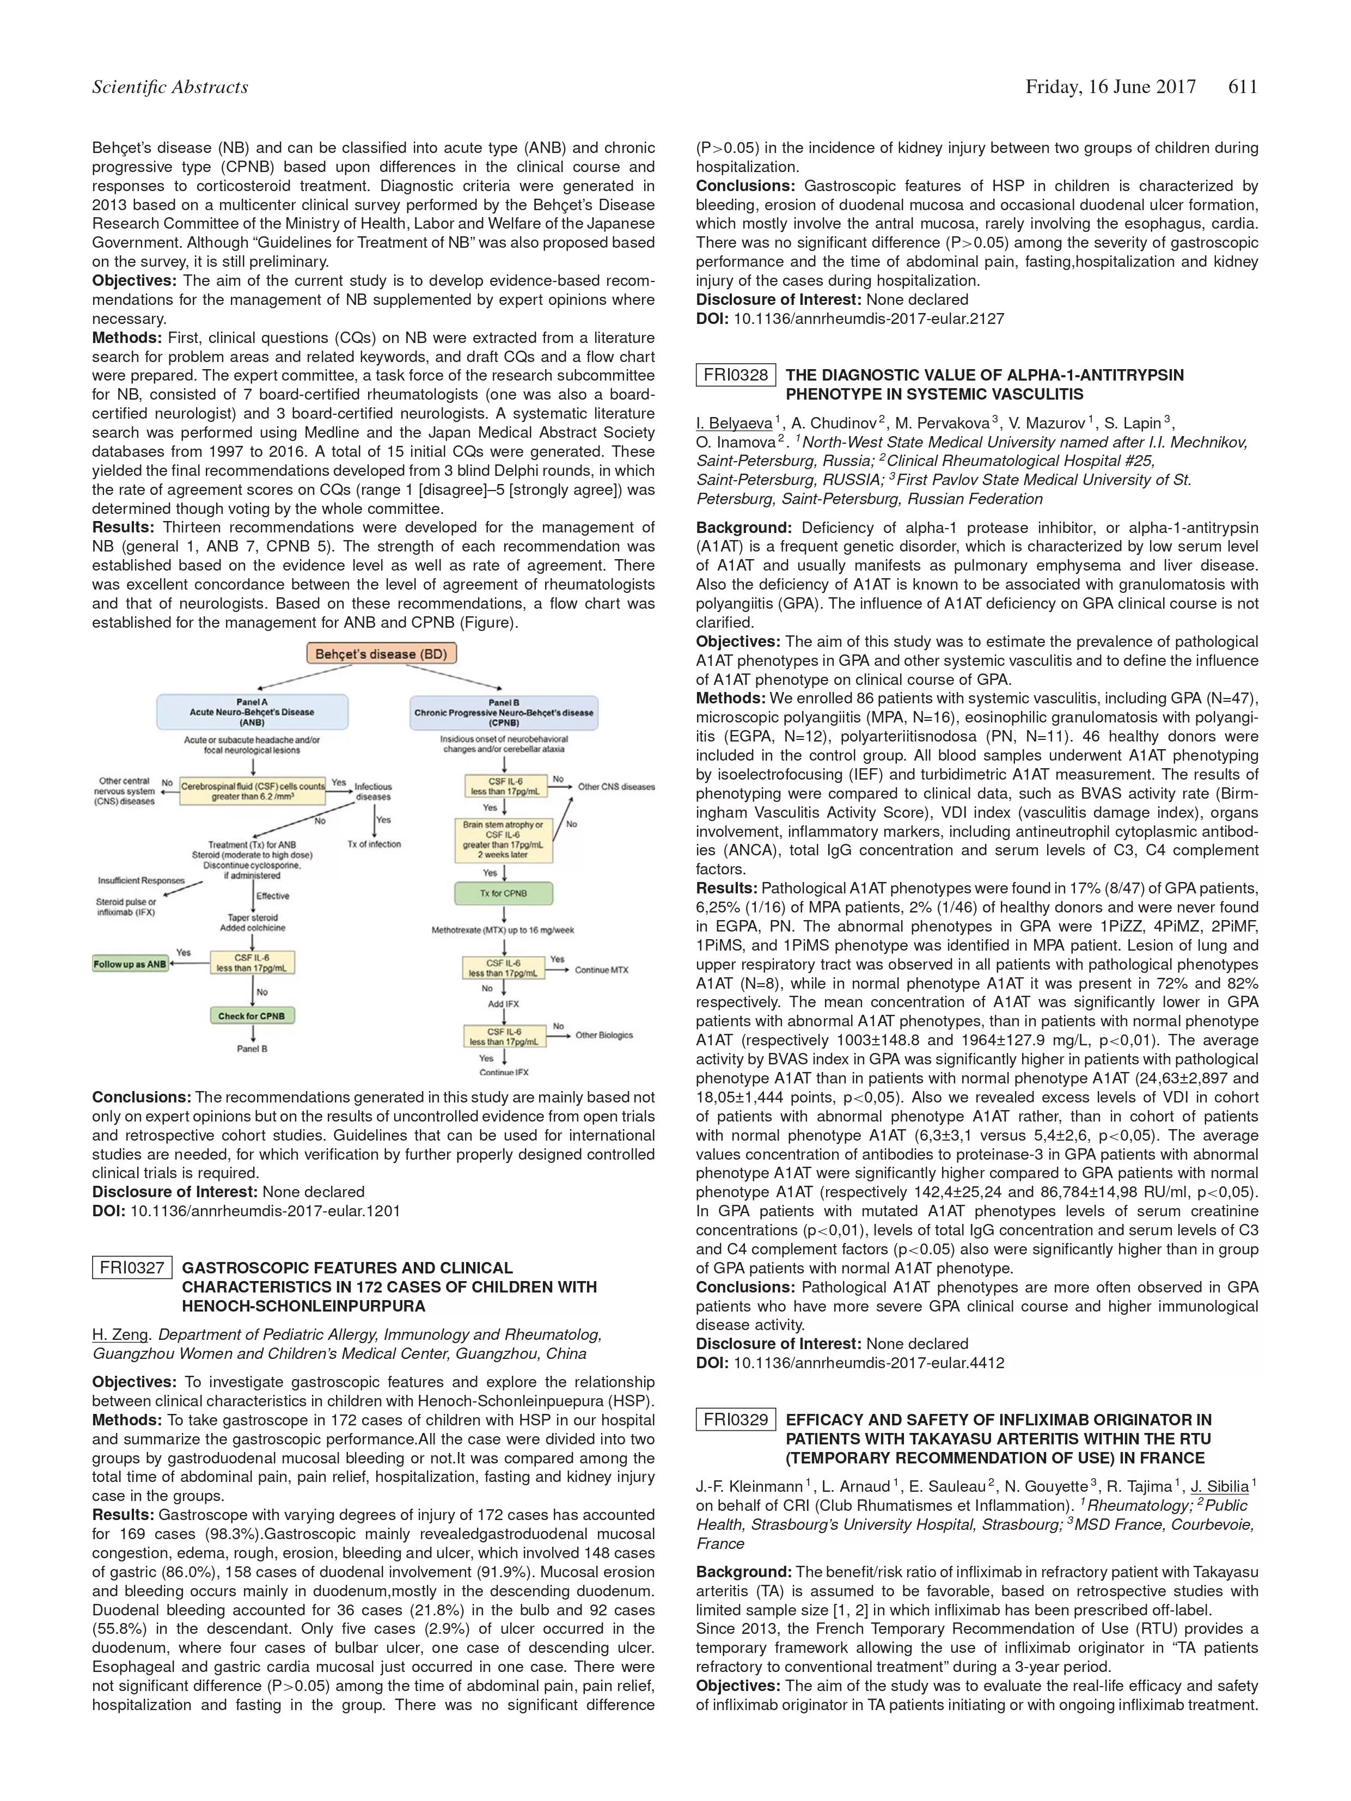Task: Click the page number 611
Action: click(x=1242, y=87)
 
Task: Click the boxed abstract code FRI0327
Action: click(x=132, y=1267)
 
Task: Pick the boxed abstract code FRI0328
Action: click(x=735, y=375)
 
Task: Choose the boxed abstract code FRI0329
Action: click(x=735, y=1419)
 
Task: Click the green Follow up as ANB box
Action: click(x=130, y=964)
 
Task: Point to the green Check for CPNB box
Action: click(x=252, y=1016)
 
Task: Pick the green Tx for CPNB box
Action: click(x=504, y=893)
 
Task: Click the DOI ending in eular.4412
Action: click(x=868, y=1362)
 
